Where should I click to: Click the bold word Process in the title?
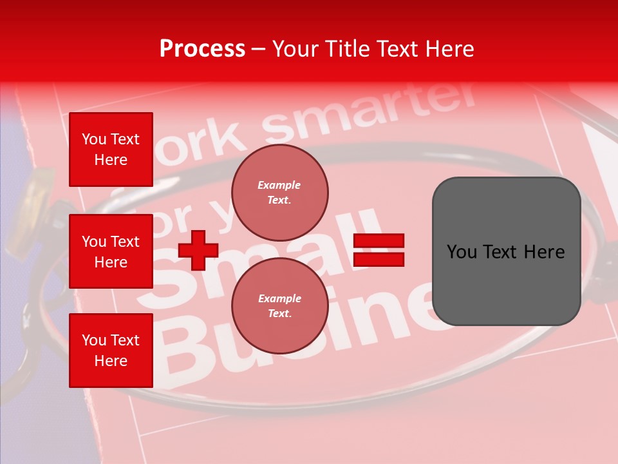pos(202,49)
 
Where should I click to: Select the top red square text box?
pos(111,150)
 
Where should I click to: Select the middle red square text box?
pos(111,251)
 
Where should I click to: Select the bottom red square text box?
pos(111,351)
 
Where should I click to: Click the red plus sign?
pos(198,250)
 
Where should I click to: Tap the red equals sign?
pos(379,250)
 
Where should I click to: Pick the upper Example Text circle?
pos(279,193)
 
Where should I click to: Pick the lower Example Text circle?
pos(279,306)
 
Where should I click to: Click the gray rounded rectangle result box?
pos(506,251)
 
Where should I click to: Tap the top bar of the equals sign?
pos(379,241)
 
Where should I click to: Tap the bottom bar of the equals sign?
pos(379,259)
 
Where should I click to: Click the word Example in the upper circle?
pos(279,185)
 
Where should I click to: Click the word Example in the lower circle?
pos(279,298)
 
